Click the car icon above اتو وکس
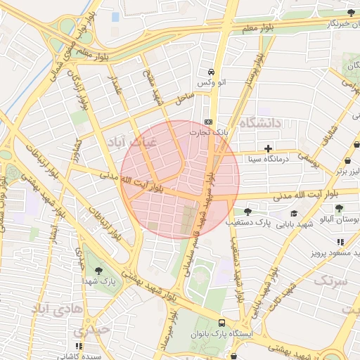(x=210, y=72)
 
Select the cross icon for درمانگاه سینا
(x=268, y=148)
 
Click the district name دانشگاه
(x=260, y=123)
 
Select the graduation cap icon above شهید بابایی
(x=293, y=213)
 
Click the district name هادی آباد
(x=59, y=309)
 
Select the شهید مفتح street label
(x=153, y=88)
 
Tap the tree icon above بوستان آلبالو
(x=340, y=208)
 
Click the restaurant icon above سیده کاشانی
(x=79, y=346)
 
